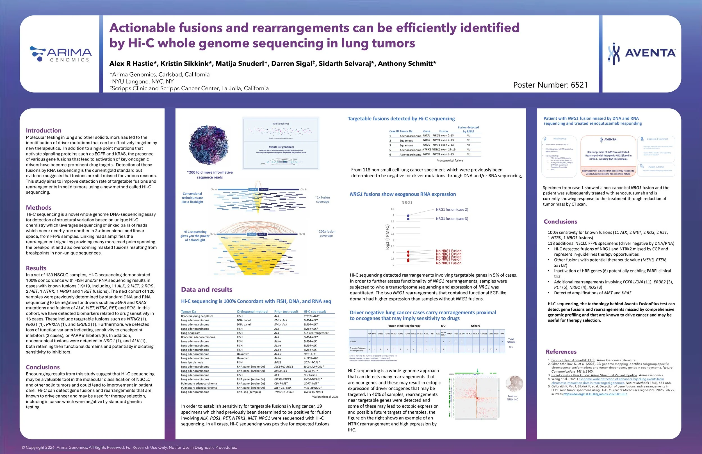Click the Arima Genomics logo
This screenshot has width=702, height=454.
coord(61,54)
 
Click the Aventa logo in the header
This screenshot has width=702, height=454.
coord(642,53)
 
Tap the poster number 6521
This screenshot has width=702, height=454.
coord(550,85)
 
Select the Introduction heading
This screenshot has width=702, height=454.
coord(44,130)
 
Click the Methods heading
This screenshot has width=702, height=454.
coord(39,208)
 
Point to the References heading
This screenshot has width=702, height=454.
coord(561,352)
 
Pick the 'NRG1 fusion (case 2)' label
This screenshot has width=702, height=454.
coord(452,210)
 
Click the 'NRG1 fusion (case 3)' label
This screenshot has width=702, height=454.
coord(452,219)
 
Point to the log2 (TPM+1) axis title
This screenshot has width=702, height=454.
coord(387,237)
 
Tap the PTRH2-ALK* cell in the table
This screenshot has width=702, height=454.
coord(311,316)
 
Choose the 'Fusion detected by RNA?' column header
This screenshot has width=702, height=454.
coord(468,129)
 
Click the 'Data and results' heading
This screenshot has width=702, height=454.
coord(206,290)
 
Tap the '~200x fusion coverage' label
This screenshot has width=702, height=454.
coord(326,233)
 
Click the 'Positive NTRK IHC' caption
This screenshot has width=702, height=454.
coord(512,398)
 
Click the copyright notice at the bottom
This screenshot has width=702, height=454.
coord(129,448)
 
